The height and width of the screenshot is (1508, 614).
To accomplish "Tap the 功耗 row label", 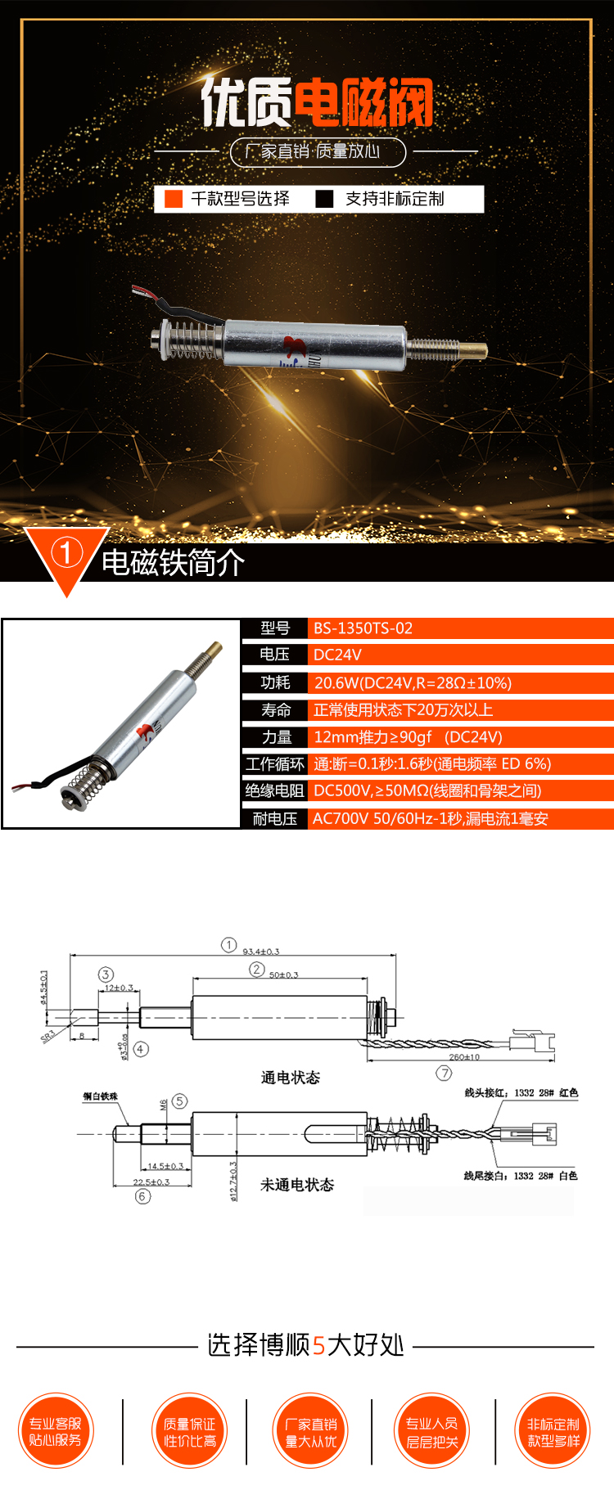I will pyautogui.click(x=275, y=682).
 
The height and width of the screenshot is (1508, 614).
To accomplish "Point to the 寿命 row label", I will pyautogui.click(x=276, y=709).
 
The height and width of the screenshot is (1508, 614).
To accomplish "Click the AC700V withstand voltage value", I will pyautogui.click(x=430, y=818).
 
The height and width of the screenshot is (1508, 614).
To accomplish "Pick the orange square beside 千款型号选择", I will pyautogui.click(x=174, y=199).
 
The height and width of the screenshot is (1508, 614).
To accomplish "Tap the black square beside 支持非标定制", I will pyautogui.click(x=325, y=199).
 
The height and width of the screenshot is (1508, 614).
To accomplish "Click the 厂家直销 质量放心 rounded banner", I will pyautogui.click(x=318, y=151).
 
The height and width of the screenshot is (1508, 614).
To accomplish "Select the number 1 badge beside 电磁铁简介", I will pyautogui.click(x=66, y=553).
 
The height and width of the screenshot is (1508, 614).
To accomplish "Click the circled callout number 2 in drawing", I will pyautogui.click(x=257, y=970).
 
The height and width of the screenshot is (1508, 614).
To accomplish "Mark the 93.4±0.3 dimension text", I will pyautogui.click(x=260, y=952).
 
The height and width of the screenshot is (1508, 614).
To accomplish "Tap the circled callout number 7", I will pyautogui.click(x=444, y=1073).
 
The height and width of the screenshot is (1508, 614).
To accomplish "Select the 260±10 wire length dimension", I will pyautogui.click(x=464, y=1057).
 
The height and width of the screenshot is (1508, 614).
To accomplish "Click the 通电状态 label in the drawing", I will pyautogui.click(x=290, y=1078).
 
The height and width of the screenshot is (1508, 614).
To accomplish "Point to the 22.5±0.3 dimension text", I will pyautogui.click(x=151, y=1182).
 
